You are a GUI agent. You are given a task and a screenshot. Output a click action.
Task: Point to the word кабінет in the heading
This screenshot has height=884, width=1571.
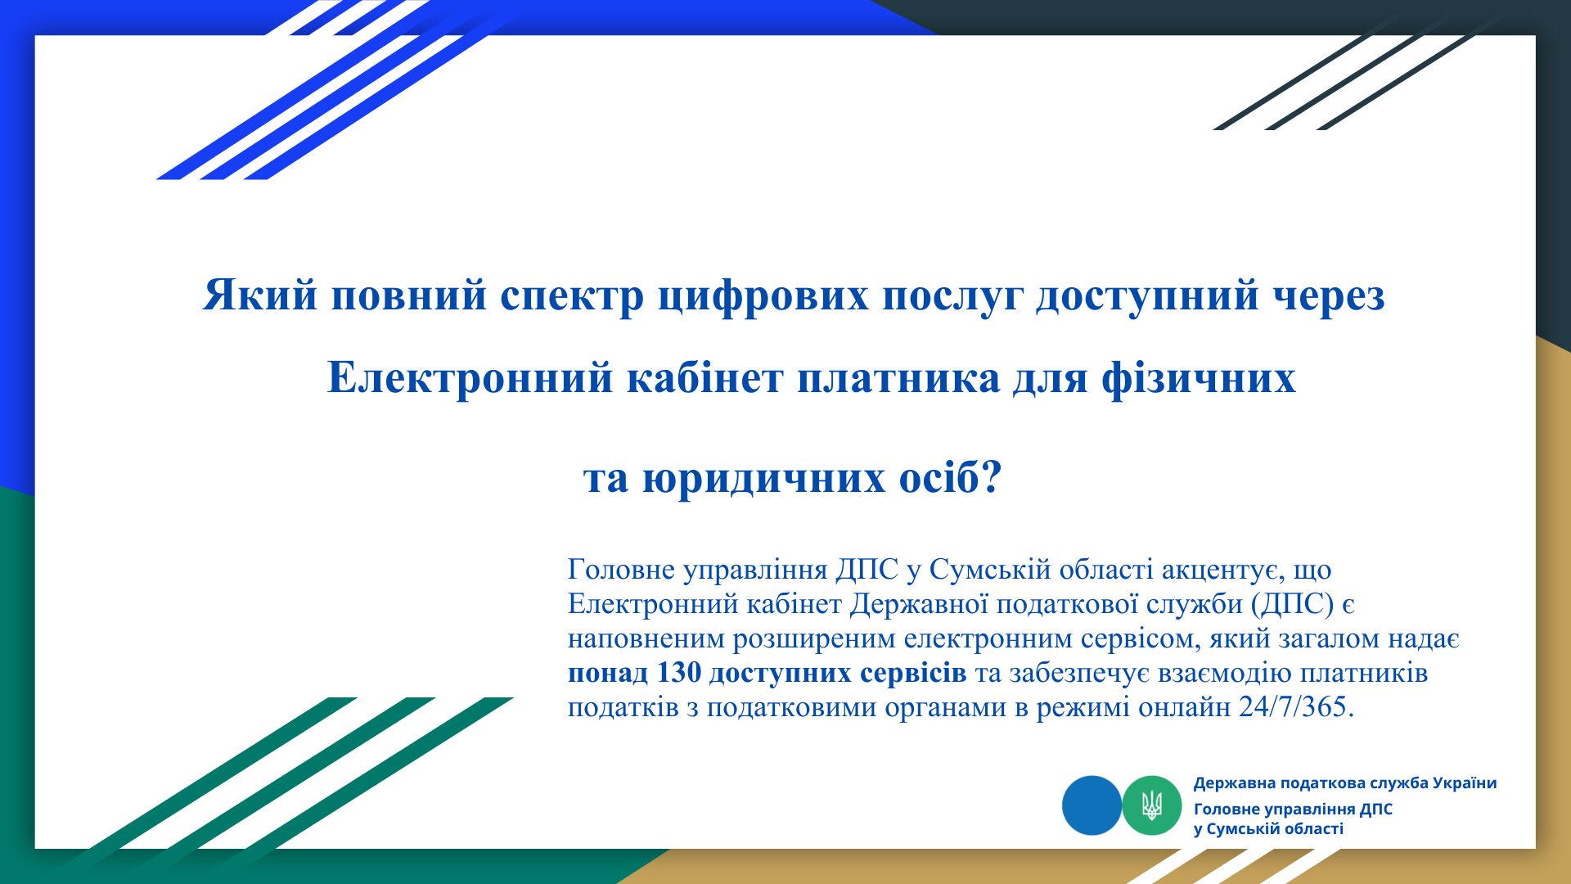point(705,377)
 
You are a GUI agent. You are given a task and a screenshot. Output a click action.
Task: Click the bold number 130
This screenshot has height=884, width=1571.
point(679,673)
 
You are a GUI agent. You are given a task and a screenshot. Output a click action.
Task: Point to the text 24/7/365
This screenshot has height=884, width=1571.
point(1297,706)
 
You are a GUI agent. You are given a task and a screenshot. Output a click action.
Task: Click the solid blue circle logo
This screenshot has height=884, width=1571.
point(1092,805)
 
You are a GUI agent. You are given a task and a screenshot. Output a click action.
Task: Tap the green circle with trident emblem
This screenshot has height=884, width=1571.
point(1152,805)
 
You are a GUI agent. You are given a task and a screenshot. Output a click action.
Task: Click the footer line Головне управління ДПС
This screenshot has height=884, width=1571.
point(1293,810)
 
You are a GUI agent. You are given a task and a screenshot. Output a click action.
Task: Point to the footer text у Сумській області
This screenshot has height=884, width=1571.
point(1268,829)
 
